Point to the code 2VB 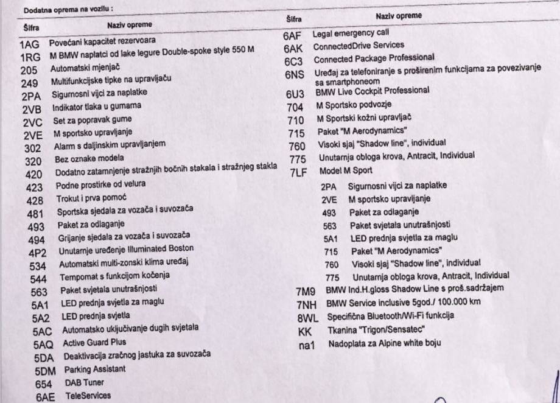click(31, 110)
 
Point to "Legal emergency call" click(351, 33)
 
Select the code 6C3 click(295, 60)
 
